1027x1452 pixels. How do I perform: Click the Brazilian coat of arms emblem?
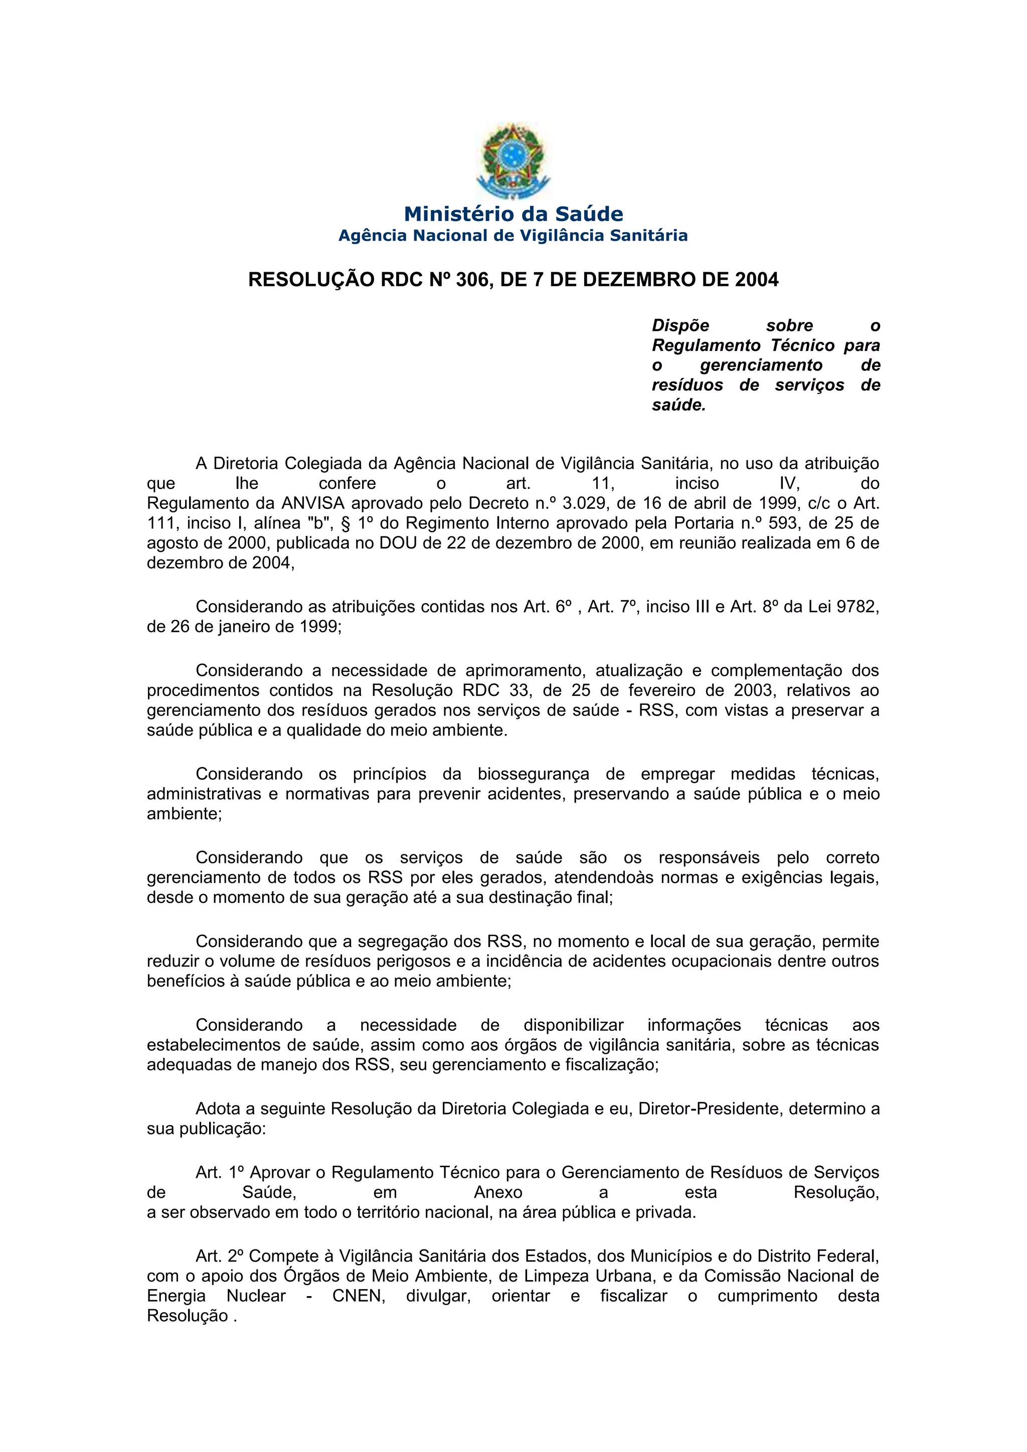click(x=513, y=161)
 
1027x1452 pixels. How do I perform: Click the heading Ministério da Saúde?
click(x=513, y=214)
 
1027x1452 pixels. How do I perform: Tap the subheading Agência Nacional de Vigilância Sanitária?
click(x=513, y=236)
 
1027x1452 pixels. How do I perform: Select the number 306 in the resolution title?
click(x=472, y=280)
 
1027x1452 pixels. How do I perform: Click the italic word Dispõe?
click(x=680, y=326)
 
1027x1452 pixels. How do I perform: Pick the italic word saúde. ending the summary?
click(x=678, y=405)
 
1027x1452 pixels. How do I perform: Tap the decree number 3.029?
click(x=582, y=503)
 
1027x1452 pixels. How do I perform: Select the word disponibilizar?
click(x=574, y=1025)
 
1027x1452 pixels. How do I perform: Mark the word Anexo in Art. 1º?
click(x=498, y=1193)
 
